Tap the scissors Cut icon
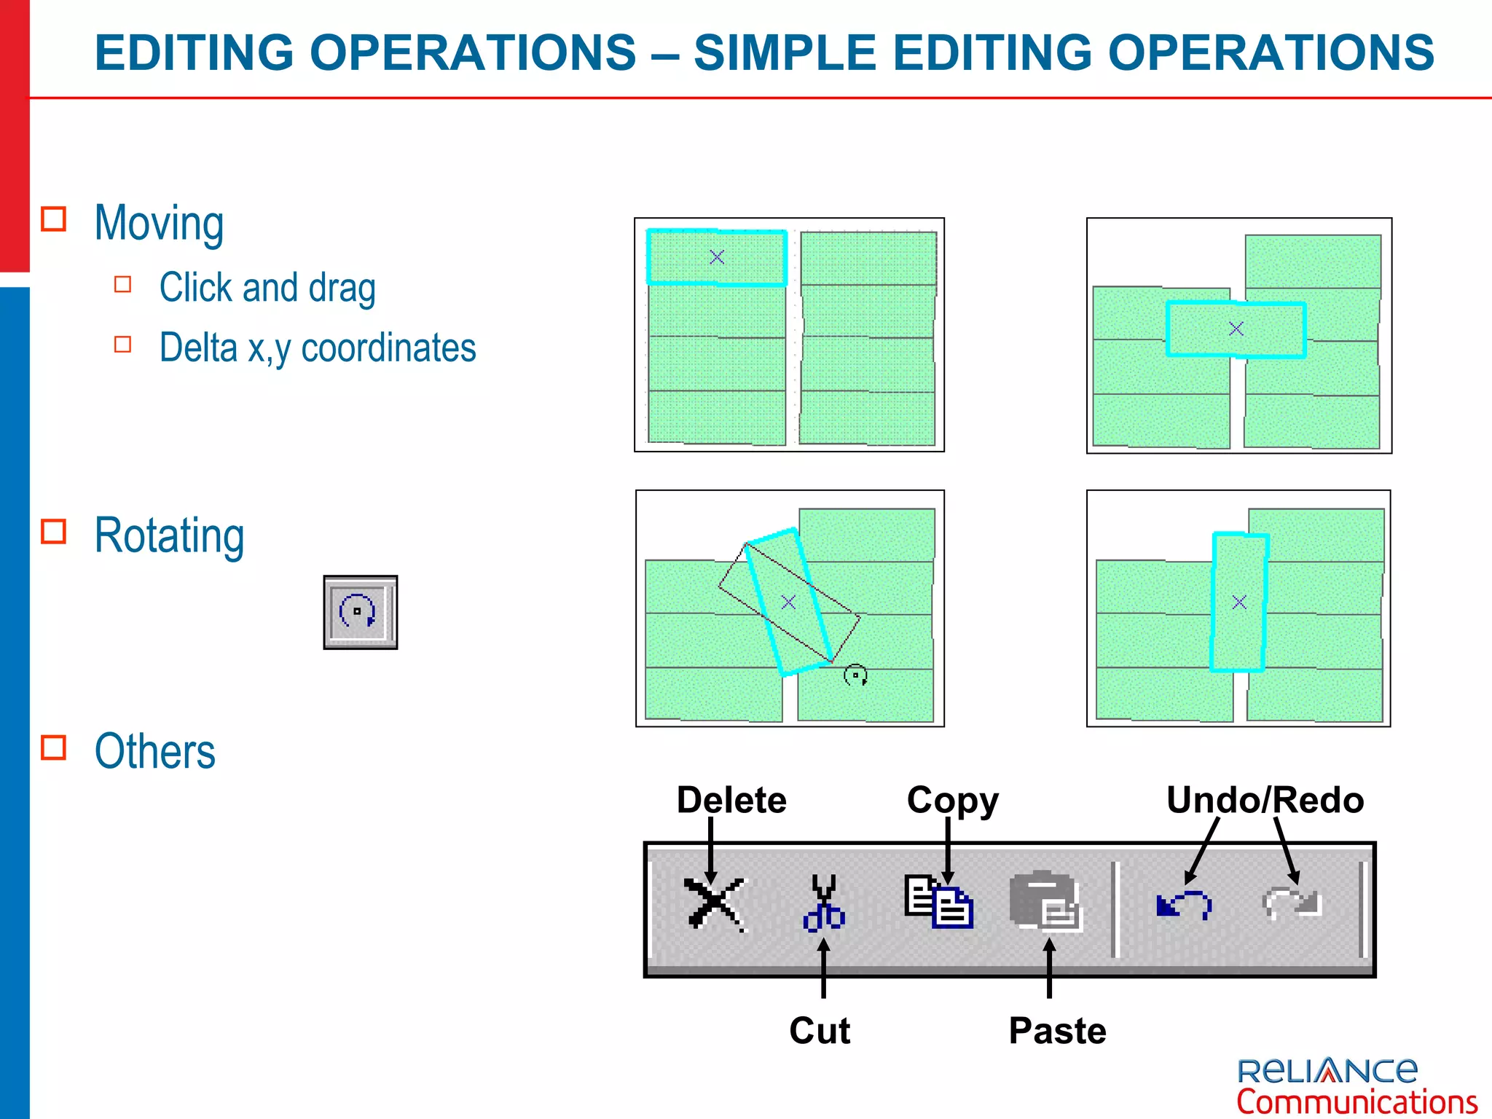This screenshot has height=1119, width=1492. tap(824, 904)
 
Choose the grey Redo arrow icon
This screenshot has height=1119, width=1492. tap(1292, 903)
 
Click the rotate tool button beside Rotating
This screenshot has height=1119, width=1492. tap(361, 612)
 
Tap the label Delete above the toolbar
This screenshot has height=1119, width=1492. tap(731, 800)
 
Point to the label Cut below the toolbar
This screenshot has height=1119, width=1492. tap(820, 1031)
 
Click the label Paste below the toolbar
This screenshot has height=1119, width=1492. tap(1057, 1031)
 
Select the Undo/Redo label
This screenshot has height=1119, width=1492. tap(1265, 800)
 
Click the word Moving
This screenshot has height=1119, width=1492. tap(159, 223)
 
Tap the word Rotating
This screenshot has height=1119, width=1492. tap(169, 535)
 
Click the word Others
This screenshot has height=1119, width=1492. tap(155, 751)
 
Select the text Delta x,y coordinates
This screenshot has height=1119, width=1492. tap(318, 348)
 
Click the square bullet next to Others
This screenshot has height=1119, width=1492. tap(54, 747)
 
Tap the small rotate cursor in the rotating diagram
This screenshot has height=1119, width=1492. tap(855, 675)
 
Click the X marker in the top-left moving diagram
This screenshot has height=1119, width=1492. tap(717, 257)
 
